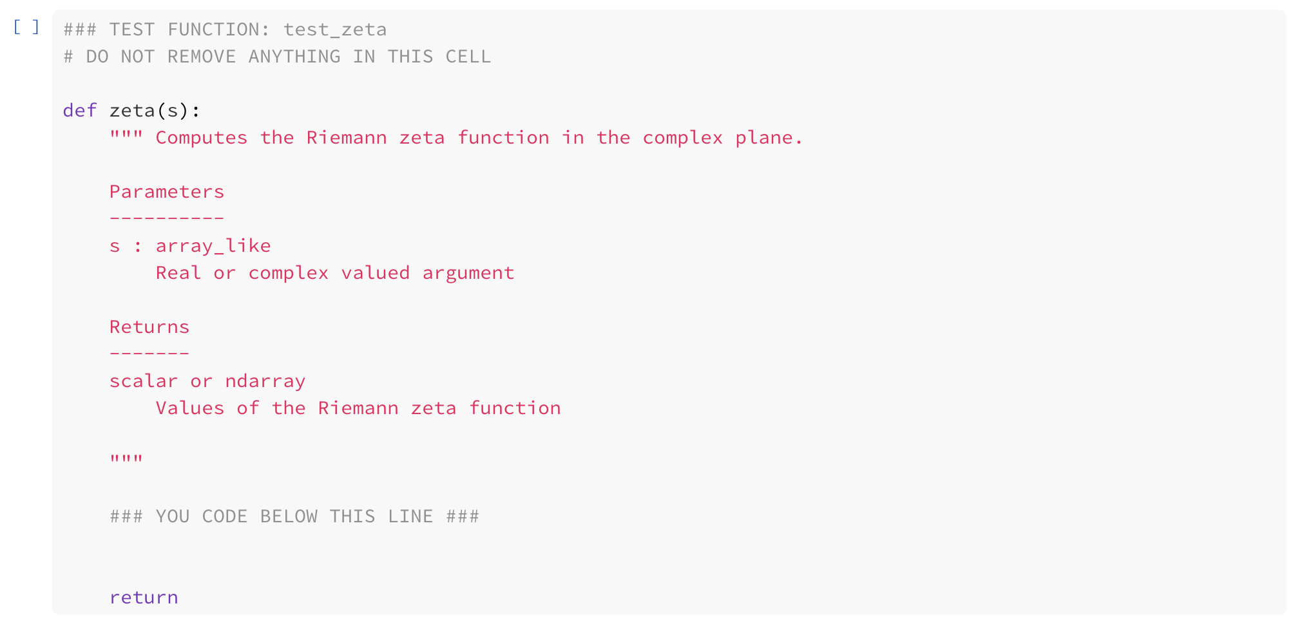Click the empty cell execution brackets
coord(26,27)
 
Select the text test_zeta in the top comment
coord(335,30)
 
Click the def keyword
coord(80,111)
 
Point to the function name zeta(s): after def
coord(155,111)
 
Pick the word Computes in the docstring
coord(201,138)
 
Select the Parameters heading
coord(167,192)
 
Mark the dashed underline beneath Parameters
coord(167,218)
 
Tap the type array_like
coord(213,246)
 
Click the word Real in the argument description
coord(178,273)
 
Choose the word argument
coord(468,273)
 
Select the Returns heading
coord(149,327)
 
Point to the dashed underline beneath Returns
coord(149,354)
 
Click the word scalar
coord(143,381)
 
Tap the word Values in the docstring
coord(190,408)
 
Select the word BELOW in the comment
coord(289,517)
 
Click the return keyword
coord(144,598)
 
